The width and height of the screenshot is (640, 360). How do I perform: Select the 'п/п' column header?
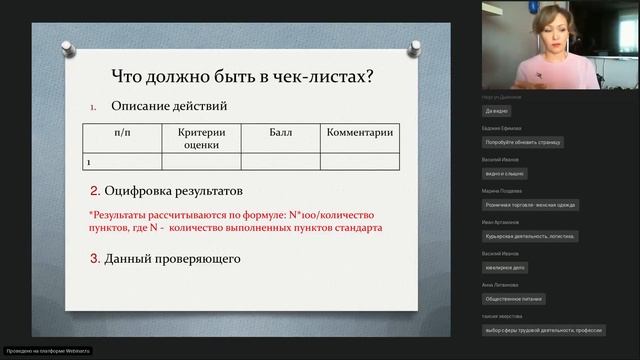120,132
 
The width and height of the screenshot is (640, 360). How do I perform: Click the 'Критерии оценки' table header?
201,138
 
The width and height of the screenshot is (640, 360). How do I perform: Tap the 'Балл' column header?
281,132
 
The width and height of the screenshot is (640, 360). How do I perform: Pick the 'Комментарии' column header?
360,132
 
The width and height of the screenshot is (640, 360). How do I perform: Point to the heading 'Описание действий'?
168,106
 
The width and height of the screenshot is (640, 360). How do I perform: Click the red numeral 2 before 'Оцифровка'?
94,190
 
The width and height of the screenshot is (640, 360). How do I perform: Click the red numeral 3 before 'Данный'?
94,260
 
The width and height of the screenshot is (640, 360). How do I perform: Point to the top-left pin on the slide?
65,47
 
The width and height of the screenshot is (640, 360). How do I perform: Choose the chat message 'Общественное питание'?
513,298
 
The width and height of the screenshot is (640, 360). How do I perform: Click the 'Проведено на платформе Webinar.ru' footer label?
48,351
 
